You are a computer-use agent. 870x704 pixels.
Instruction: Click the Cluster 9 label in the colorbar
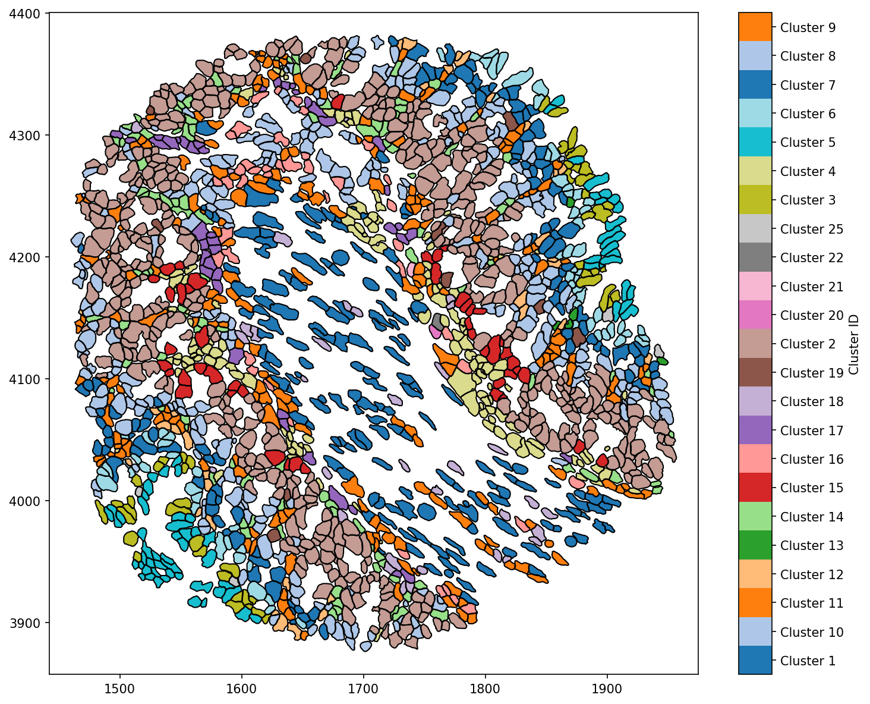coord(808,27)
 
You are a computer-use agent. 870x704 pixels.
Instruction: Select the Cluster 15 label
coord(811,488)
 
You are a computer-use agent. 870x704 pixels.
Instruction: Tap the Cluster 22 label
coord(811,258)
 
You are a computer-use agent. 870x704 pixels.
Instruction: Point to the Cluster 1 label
coord(808,661)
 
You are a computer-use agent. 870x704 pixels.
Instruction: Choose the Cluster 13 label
coord(811,546)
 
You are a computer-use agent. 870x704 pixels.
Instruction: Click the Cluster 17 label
coord(811,430)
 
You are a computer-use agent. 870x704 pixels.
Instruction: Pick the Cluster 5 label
coord(808,143)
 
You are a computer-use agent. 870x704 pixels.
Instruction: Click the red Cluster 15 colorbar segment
coord(755,488)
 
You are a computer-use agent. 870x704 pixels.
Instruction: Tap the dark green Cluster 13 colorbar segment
coord(755,545)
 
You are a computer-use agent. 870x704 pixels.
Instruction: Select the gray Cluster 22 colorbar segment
coord(755,257)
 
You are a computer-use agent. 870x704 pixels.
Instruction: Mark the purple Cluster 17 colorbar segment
coord(755,430)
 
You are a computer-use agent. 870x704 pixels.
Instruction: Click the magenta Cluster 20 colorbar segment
coord(755,315)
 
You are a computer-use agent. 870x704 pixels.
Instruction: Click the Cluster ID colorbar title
coord(854,344)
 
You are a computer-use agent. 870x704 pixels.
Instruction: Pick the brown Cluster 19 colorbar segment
coord(755,373)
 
